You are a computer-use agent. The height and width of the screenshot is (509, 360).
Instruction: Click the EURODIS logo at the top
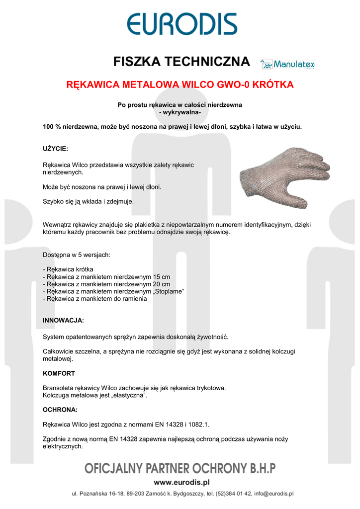tap(181, 24)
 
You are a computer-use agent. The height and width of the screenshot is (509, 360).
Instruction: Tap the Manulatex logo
tap(288, 64)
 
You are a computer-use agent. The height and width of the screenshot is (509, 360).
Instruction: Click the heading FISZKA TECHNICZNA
tap(181, 62)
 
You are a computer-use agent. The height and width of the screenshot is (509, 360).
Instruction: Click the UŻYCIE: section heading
tap(56, 149)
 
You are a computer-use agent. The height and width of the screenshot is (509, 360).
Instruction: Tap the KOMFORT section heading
tap(59, 373)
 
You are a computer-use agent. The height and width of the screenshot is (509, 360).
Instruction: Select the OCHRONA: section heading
tap(60, 410)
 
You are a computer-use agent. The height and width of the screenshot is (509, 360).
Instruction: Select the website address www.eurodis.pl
tap(181, 482)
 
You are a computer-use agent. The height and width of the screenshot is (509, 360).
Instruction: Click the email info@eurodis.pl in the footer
tap(273, 494)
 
